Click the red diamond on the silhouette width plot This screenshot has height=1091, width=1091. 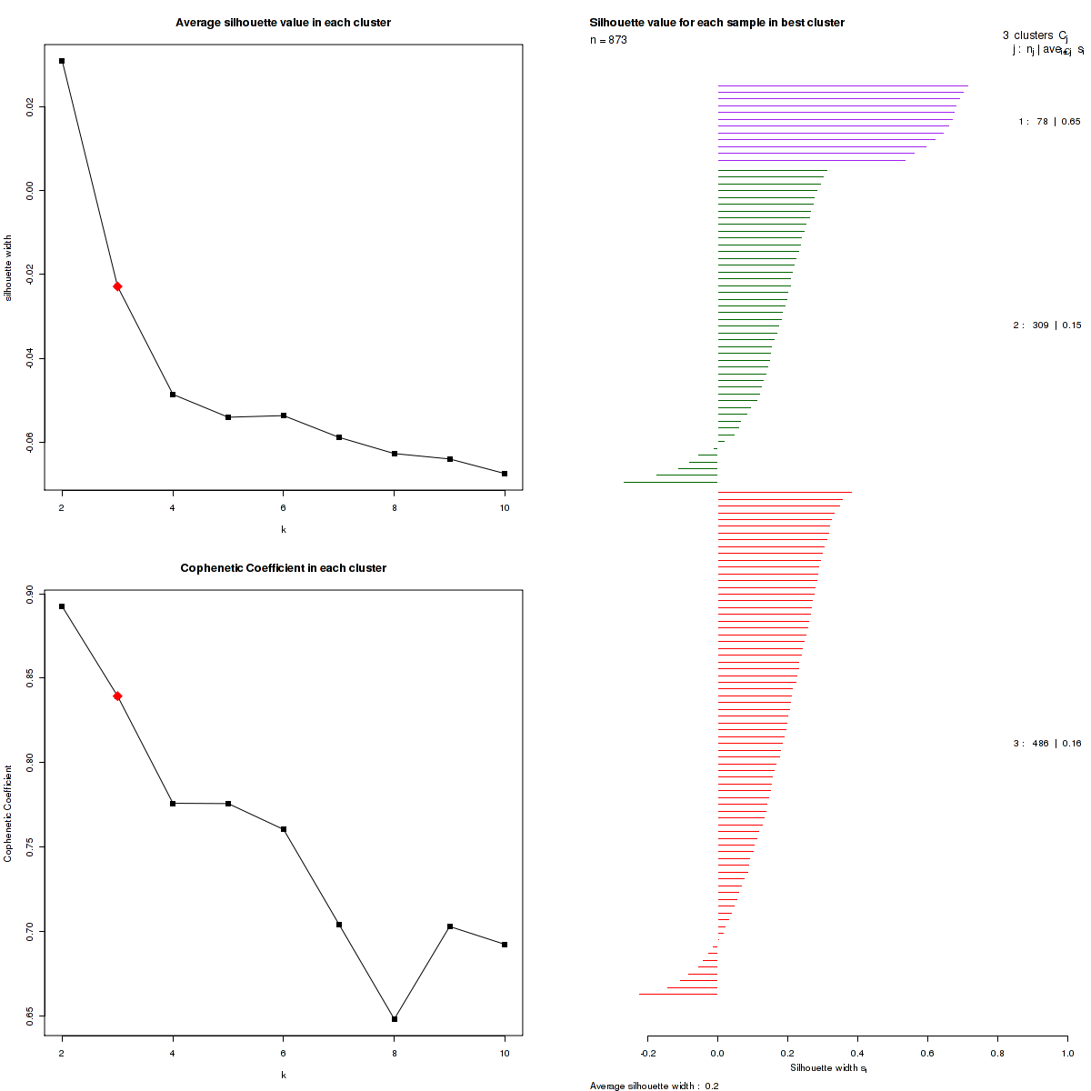(x=117, y=286)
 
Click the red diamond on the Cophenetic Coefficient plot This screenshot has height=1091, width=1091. (x=117, y=696)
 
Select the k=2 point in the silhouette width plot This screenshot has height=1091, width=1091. (x=62, y=61)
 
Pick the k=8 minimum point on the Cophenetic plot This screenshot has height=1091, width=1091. (x=395, y=1019)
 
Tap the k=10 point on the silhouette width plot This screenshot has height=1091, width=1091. (x=505, y=474)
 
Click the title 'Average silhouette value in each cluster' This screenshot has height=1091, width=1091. (x=284, y=22)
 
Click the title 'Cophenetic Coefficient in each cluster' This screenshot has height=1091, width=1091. (x=284, y=568)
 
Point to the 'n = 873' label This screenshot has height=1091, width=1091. (x=608, y=40)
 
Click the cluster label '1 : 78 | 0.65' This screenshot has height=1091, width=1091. (x=1049, y=121)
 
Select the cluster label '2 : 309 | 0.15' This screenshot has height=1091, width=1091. (x=1046, y=325)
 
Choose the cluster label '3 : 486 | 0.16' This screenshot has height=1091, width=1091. (x=1046, y=744)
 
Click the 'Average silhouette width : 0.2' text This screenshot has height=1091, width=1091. (x=655, y=1086)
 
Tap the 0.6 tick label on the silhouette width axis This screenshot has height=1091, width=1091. (x=927, y=1054)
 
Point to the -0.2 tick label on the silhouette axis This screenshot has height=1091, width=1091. (x=647, y=1054)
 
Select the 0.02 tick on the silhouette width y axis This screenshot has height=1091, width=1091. (x=31, y=107)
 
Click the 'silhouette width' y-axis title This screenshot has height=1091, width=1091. (x=9, y=268)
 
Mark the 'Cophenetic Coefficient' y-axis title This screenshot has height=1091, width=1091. (x=9, y=814)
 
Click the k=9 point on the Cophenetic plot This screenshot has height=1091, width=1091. (x=450, y=926)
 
